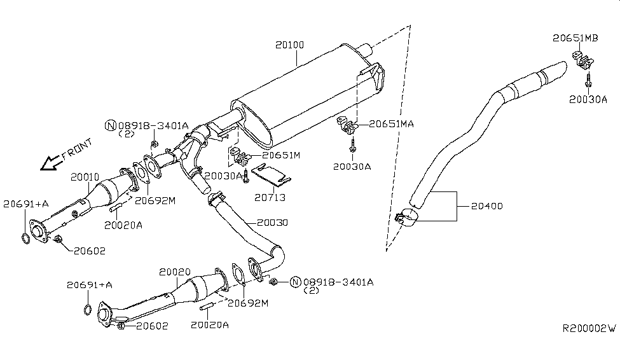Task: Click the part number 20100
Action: [x=290, y=45]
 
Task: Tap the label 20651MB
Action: [x=575, y=38]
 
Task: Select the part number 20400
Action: [x=486, y=206]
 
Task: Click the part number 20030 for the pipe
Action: [x=272, y=223]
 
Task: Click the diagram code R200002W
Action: [x=589, y=329]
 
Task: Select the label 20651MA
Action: [x=391, y=125]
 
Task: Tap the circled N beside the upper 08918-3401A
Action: [x=110, y=126]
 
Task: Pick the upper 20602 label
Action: [x=88, y=251]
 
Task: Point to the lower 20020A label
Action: [x=209, y=324]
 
